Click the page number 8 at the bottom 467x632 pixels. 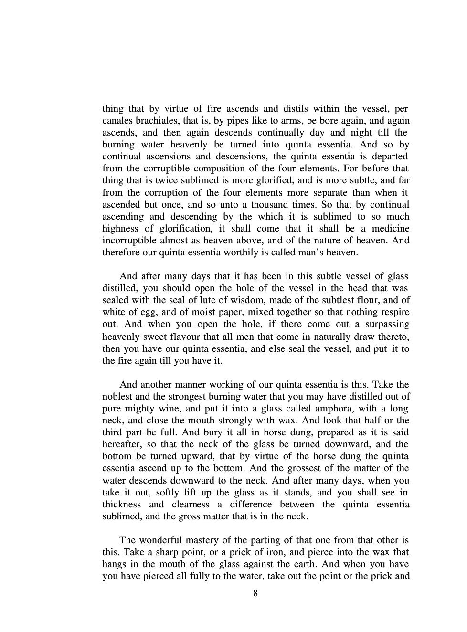tap(255, 593)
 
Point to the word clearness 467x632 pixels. tap(189, 504)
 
